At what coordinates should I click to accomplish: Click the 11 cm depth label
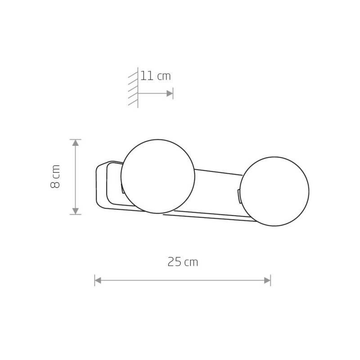[x=155, y=76]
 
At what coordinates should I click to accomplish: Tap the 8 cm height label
[x=55, y=176]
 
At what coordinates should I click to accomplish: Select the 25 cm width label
[x=183, y=262]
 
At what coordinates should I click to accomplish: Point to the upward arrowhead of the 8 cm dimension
[x=76, y=143]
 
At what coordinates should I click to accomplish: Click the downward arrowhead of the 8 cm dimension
[x=76, y=211]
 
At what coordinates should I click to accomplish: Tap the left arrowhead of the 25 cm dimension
[x=98, y=280]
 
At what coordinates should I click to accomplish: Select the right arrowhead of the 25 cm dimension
[x=267, y=280]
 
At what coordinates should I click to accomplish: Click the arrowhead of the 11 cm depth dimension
[x=170, y=94]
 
